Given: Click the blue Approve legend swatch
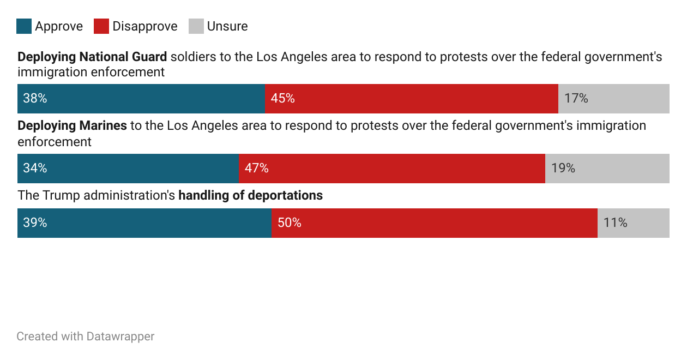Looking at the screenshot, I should pyautogui.click(x=24, y=26).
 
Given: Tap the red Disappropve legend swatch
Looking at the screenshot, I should pyautogui.click(x=101, y=26).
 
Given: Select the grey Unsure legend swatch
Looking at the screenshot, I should pyautogui.click(x=196, y=26).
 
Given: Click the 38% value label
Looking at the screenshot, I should pyautogui.click(x=35, y=99).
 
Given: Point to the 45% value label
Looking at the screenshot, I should pyautogui.click(x=283, y=99).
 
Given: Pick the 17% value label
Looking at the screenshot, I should pyautogui.click(x=576, y=99).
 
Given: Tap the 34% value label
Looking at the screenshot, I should pyautogui.click(x=35, y=169).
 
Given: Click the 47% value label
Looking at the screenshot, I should pyautogui.click(x=257, y=169).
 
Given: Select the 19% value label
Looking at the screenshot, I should pyautogui.click(x=563, y=169).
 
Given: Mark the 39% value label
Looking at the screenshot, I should pyautogui.click(x=35, y=223).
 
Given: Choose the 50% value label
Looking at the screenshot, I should pyautogui.click(x=290, y=223).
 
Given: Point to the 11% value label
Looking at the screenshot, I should pyautogui.click(x=616, y=223).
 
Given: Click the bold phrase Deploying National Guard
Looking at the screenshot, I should pyautogui.click(x=92, y=57).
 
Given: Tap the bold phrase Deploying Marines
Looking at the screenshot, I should pyautogui.click(x=72, y=126).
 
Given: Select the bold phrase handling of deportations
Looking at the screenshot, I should pyautogui.click(x=251, y=195).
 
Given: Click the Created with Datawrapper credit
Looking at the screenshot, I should pyautogui.click(x=86, y=337).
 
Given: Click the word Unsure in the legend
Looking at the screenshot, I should pyautogui.click(x=227, y=26).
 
